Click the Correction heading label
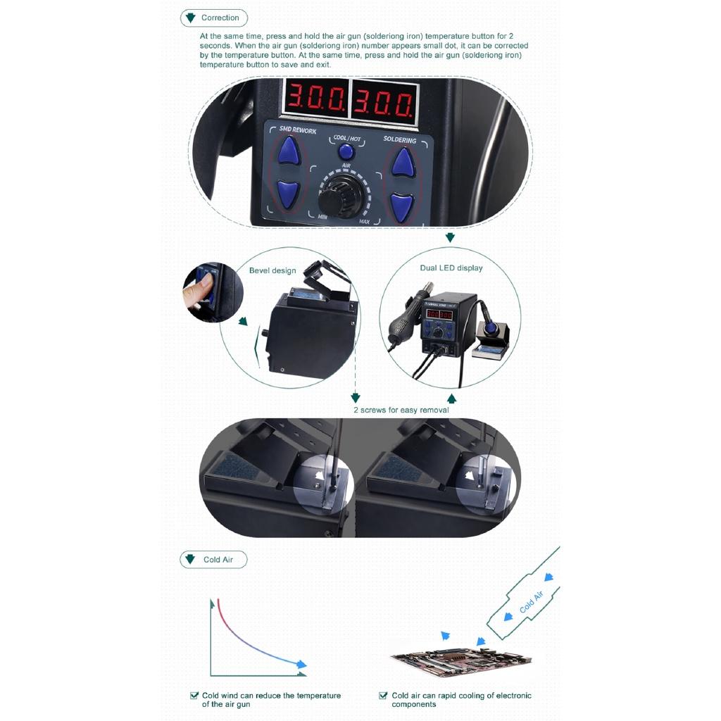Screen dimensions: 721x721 point(220,18)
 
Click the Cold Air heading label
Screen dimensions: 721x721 point(218,560)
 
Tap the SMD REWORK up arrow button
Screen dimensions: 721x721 point(288,150)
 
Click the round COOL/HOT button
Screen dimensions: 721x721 point(346,151)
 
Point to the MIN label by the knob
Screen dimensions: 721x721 point(322,217)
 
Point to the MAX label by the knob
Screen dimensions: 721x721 point(364,222)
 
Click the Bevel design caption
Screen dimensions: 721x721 point(272,270)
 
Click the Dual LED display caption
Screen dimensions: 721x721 point(451,268)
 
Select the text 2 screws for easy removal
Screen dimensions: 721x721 point(401,410)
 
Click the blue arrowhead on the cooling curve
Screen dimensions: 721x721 point(302,664)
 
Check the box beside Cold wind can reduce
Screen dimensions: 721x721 point(194,696)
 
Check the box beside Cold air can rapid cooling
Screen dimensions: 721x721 point(383,696)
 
